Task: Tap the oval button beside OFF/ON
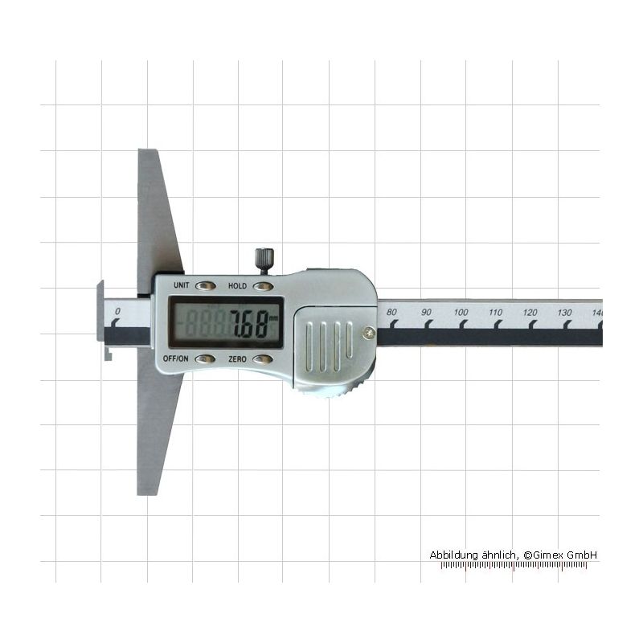tap(205, 359)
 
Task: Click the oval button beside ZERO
tap(263, 359)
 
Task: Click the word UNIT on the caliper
tap(182, 285)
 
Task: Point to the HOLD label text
tap(237, 286)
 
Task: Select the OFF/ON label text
tap(175, 358)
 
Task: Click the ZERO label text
tap(237, 359)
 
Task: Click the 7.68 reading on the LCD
tap(250, 324)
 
